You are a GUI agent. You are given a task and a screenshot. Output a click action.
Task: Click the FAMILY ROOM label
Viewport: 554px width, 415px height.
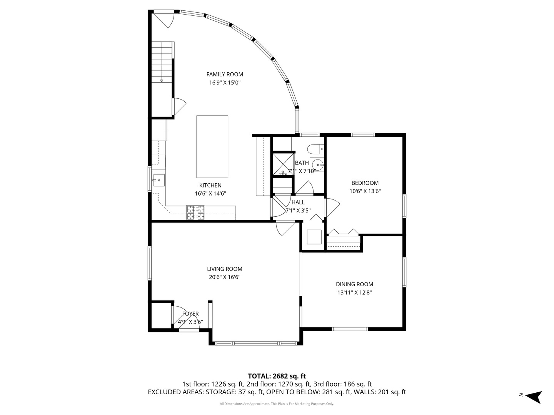225,74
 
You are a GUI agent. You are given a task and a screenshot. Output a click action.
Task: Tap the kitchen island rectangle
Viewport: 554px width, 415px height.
212,147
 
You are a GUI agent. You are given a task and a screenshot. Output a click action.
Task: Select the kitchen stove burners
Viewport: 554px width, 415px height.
195,212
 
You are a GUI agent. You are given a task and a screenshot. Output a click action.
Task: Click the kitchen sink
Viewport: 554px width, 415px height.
159,180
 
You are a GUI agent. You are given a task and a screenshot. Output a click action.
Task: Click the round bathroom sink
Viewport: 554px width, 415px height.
317,165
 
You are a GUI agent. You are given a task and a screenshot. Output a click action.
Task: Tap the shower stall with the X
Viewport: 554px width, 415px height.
283,164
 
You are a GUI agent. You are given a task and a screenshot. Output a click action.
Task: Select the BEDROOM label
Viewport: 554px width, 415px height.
365,183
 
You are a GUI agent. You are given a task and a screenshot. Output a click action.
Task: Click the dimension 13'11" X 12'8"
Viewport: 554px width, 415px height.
354,292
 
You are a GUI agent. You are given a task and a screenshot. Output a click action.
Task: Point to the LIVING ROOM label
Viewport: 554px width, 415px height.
225,269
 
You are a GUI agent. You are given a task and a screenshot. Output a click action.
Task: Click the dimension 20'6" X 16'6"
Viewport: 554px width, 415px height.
225,277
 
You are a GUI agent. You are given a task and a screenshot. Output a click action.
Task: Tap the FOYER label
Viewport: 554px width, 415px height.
190,314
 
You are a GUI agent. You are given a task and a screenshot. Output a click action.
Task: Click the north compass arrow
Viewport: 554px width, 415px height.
534,397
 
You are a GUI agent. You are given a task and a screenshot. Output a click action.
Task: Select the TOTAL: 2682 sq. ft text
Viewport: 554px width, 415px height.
277,376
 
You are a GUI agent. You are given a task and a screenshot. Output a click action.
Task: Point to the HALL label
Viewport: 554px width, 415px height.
298,202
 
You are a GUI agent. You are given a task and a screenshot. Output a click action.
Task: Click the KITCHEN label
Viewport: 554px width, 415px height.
210,186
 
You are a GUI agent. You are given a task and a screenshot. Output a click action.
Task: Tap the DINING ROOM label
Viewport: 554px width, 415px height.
354,284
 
